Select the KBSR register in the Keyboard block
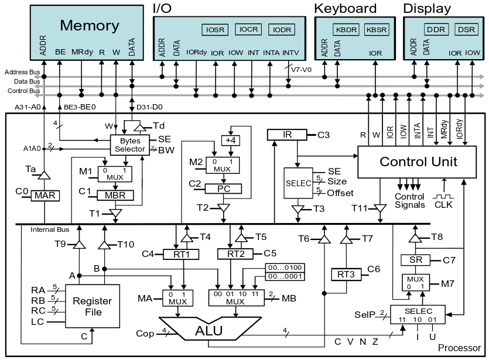[x=375, y=29]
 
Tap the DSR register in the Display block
[x=466, y=29]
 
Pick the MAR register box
[x=45, y=196]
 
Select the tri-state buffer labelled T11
[x=381, y=208]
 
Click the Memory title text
[x=90, y=26]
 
